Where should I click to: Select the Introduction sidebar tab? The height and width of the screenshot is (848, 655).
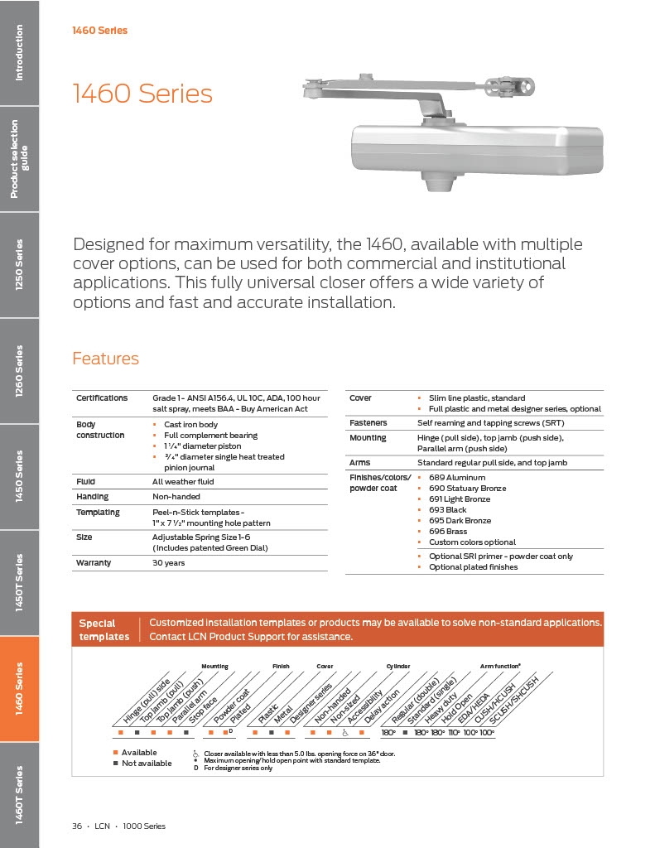pos(19,53)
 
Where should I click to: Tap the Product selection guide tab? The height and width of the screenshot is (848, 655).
pos(19,158)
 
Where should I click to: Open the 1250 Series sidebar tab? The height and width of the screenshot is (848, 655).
pos(19,265)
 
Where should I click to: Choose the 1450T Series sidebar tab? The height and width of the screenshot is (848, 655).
pos(19,583)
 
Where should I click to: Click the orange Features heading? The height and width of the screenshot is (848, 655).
pos(105,359)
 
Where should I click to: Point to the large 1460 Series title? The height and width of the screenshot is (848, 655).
pos(142,94)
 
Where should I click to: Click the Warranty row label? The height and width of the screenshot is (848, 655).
pos(94,563)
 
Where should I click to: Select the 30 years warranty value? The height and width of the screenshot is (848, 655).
pos(169,563)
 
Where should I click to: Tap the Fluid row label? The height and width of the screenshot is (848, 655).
pos(85,481)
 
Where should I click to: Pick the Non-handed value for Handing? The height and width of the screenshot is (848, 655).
pos(175,497)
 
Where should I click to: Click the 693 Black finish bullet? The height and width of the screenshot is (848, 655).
pos(447,510)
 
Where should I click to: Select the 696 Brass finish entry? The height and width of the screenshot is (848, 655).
pos(447,532)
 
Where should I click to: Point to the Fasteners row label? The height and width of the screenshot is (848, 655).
pos(368,422)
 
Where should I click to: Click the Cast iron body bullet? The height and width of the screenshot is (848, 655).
pos(192,425)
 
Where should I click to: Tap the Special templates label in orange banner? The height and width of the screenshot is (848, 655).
pos(104,630)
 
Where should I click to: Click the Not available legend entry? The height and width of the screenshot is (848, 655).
pos(147,764)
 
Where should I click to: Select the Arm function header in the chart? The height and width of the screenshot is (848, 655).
pos(500,666)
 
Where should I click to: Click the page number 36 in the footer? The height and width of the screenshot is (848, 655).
pos(77,826)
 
